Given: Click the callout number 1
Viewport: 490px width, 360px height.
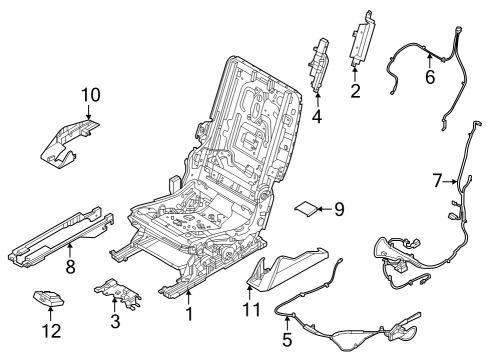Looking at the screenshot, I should (x=187, y=316).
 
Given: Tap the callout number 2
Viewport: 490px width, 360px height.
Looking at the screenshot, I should (x=354, y=93).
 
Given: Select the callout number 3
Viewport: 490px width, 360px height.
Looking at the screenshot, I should (x=114, y=320).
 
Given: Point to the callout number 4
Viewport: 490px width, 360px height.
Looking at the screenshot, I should (x=317, y=116).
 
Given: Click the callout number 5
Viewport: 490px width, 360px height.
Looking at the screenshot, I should (x=288, y=338).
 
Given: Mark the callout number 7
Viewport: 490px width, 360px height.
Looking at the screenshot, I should (x=436, y=181).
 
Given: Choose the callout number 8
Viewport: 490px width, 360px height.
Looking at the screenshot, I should (x=70, y=267).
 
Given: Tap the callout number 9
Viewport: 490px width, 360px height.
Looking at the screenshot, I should (x=338, y=209).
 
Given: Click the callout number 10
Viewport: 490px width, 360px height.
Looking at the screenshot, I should (x=90, y=95).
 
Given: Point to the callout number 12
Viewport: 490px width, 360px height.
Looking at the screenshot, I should (x=50, y=329).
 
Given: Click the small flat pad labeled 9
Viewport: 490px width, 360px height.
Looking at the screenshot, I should (x=305, y=208).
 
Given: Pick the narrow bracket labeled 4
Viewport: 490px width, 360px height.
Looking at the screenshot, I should (x=322, y=62).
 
